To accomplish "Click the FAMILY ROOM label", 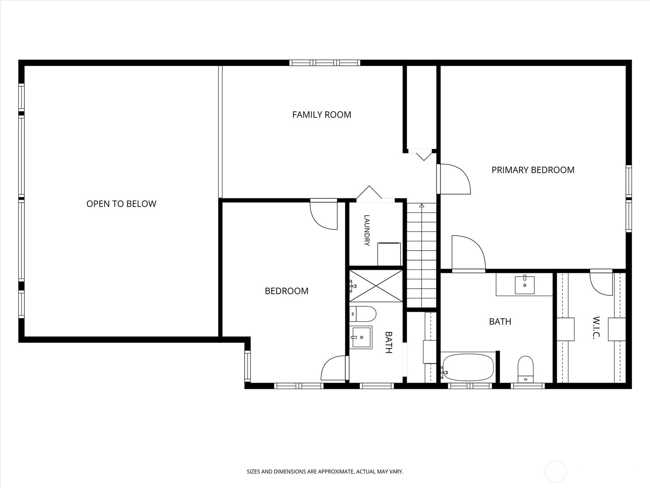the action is pyautogui.click(x=322, y=115).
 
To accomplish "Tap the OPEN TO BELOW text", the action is pyautogui.click(x=121, y=204).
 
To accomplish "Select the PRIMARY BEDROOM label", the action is pyautogui.click(x=533, y=170).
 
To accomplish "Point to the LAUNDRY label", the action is pyautogui.click(x=366, y=231).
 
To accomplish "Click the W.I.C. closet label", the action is pyautogui.click(x=596, y=328).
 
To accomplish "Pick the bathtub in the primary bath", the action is pyautogui.click(x=468, y=367).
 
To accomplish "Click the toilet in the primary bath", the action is pyautogui.click(x=525, y=370).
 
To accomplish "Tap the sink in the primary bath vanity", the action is pyautogui.click(x=524, y=285).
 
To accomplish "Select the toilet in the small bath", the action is pyautogui.click(x=363, y=314).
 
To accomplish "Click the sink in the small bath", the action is pyautogui.click(x=361, y=338).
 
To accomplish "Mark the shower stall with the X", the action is pyautogui.click(x=376, y=286).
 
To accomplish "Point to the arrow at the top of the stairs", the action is pyautogui.click(x=422, y=206).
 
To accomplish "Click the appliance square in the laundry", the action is pyautogui.click(x=389, y=254).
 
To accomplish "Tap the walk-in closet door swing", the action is pyautogui.click(x=601, y=283).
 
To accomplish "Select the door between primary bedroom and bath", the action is pyautogui.click(x=468, y=254).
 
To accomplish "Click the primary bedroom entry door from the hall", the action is pyautogui.click(x=454, y=179).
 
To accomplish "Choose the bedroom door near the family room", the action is pyautogui.click(x=324, y=214).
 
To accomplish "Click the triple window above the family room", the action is pyautogui.click(x=325, y=63).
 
